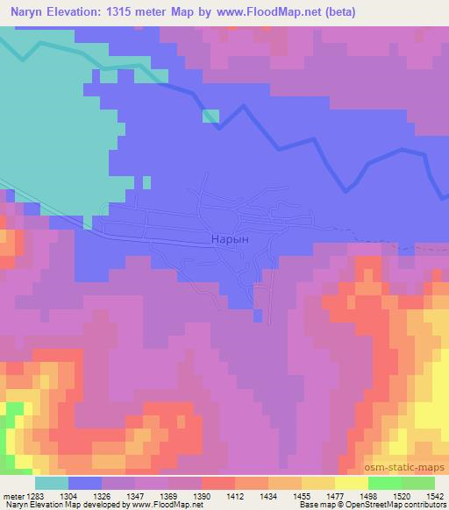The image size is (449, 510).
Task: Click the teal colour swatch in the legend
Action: [x=52, y=483]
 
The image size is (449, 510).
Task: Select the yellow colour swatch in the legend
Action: [x=351, y=483]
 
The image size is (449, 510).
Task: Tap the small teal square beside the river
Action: [x=210, y=116]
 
